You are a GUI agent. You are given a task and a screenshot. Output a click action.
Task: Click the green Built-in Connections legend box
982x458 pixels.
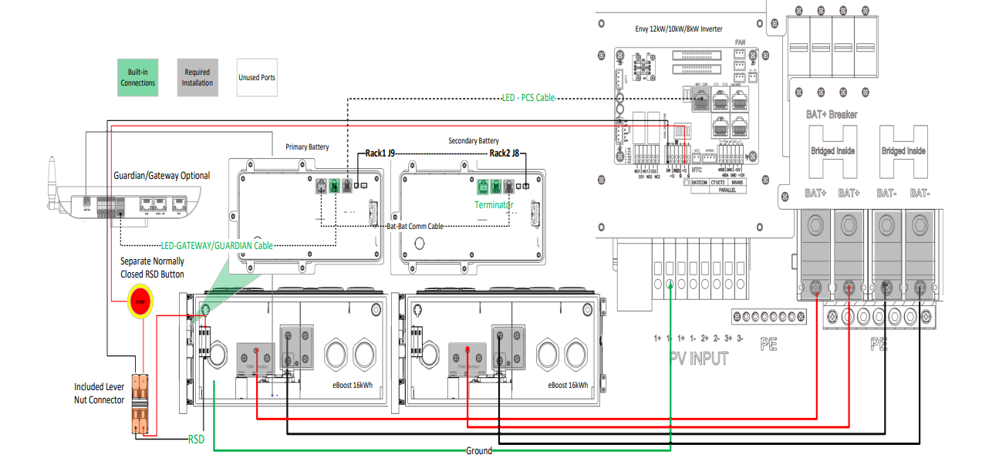138,78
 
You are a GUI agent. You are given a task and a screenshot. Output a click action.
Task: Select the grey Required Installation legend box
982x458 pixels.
197,78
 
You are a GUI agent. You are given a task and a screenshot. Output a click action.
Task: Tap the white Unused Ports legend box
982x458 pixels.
257,78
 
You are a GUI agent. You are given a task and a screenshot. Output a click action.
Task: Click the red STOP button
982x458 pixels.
140,302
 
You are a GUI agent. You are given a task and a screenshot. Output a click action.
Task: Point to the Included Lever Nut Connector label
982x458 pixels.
100,393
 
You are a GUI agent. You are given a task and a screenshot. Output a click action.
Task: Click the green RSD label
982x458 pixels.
197,439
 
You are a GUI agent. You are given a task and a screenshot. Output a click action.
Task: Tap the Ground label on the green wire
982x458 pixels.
478,450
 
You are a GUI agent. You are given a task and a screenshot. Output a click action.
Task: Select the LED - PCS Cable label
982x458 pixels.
528,98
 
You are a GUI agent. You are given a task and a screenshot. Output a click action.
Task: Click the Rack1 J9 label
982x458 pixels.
380,153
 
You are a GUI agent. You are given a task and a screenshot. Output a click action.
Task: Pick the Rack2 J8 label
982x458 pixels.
504,153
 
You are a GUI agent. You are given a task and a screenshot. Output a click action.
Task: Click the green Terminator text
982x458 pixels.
494,205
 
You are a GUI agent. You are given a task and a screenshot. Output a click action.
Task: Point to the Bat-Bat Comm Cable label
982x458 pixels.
415,226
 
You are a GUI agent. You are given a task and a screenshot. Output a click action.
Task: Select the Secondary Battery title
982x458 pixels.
474,141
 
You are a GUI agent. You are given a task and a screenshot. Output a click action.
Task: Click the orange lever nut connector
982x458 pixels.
140,403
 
